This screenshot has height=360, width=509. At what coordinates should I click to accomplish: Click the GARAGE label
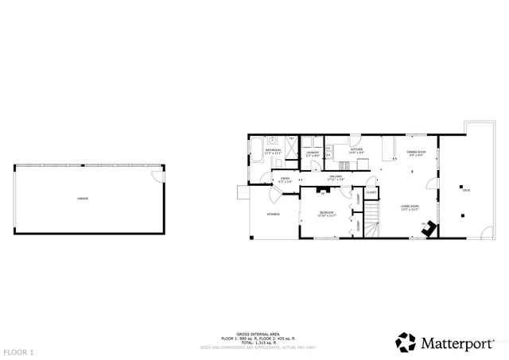(83, 199)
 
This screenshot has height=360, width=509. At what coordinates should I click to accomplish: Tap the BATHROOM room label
(273, 150)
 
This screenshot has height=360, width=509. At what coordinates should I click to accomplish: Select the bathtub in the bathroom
(257, 150)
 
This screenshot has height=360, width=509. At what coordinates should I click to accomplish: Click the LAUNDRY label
(313, 153)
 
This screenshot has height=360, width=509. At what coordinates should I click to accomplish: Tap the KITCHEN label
(356, 150)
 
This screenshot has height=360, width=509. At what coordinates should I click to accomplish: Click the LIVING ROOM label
(409, 207)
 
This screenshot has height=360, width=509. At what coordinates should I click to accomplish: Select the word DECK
(466, 190)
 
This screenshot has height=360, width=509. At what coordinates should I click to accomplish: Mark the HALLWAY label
(335, 178)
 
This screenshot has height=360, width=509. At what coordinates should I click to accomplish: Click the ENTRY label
(284, 179)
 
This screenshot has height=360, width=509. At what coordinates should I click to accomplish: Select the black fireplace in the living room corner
(429, 229)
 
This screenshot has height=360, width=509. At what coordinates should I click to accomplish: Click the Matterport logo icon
(407, 342)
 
